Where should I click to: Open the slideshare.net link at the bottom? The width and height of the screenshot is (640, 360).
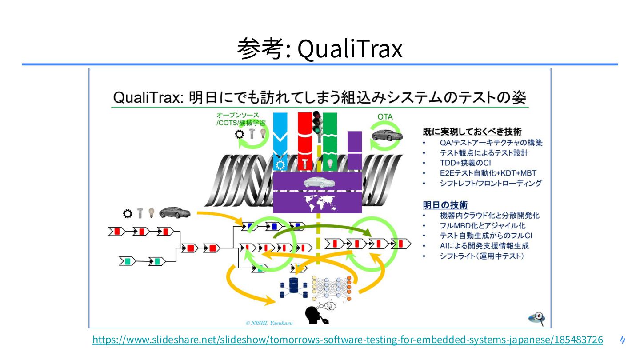[348, 340]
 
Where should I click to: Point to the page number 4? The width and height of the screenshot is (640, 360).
[622, 340]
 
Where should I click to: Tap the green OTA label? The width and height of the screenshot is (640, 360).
[385, 117]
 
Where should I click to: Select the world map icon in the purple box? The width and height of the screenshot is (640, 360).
[317, 203]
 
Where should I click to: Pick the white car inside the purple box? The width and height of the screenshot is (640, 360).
[317, 182]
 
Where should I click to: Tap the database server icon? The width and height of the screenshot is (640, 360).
[293, 287]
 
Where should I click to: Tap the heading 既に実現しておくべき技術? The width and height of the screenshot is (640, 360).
[472, 132]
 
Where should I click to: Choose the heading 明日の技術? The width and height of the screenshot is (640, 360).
[445, 205]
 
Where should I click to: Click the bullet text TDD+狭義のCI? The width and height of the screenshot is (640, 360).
[465, 163]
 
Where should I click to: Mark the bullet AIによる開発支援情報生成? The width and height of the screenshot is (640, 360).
[484, 246]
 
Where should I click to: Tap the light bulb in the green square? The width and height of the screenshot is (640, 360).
[329, 164]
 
